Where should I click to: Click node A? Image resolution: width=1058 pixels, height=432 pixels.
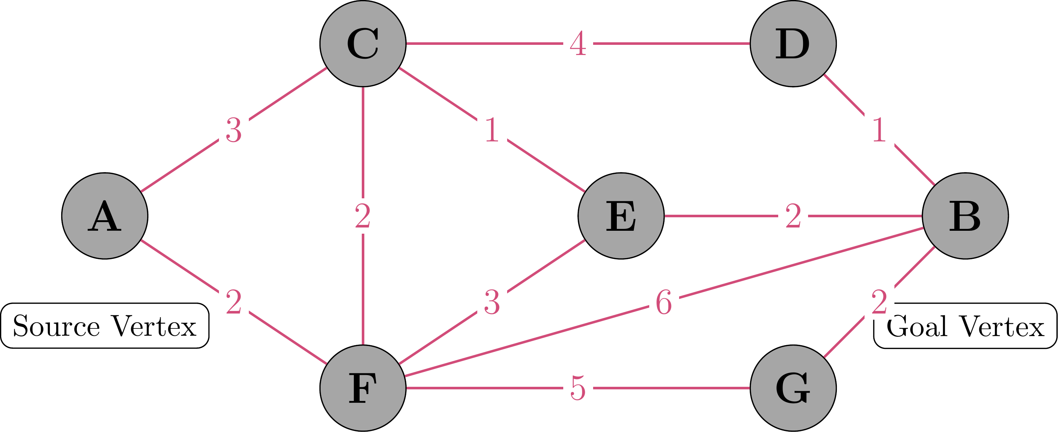point(105,216)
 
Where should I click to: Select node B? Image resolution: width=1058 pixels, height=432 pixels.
point(965,216)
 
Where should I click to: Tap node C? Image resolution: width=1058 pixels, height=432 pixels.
point(363,44)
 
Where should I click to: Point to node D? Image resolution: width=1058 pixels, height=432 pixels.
point(793,44)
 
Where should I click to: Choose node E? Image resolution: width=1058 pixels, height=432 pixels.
point(621,216)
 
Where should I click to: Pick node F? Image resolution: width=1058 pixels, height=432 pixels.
point(363,388)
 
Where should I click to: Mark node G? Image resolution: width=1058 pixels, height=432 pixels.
point(793,388)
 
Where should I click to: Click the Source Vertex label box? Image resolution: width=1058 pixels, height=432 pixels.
point(105,326)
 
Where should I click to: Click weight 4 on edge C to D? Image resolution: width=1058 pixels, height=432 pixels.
point(578,44)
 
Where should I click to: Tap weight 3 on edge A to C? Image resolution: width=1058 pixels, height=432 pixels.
point(234,130)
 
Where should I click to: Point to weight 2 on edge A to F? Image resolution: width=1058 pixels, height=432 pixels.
point(234,302)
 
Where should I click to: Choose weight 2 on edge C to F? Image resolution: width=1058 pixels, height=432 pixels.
point(363,216)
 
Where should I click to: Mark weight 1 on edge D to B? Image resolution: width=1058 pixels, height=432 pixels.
point(879,130)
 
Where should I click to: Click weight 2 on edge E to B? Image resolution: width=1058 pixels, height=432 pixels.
point(793,216)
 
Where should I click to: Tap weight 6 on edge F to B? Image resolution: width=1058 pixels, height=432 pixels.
point(664,302)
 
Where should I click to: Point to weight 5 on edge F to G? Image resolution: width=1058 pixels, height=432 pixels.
point(578,388)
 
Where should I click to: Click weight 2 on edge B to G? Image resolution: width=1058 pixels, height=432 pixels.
point(879,302)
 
